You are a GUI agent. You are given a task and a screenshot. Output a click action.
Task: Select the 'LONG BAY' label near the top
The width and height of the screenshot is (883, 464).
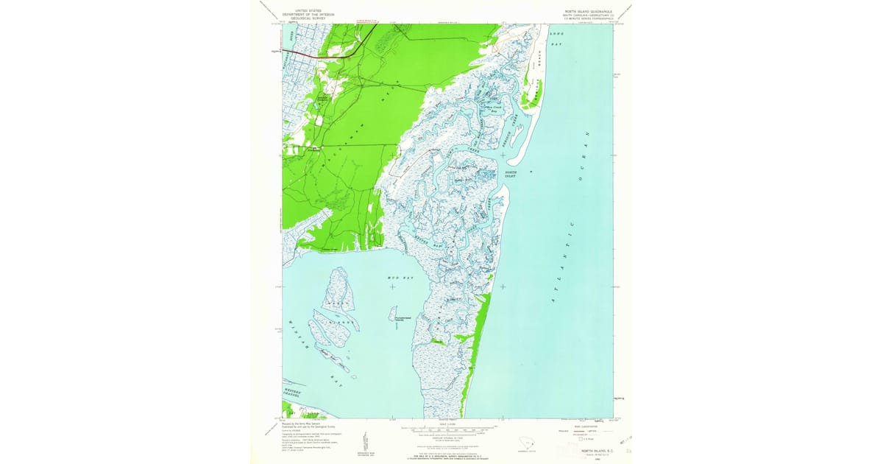point(555,39)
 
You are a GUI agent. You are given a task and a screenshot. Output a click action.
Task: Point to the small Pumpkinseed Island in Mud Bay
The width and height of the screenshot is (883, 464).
point(393,314)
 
